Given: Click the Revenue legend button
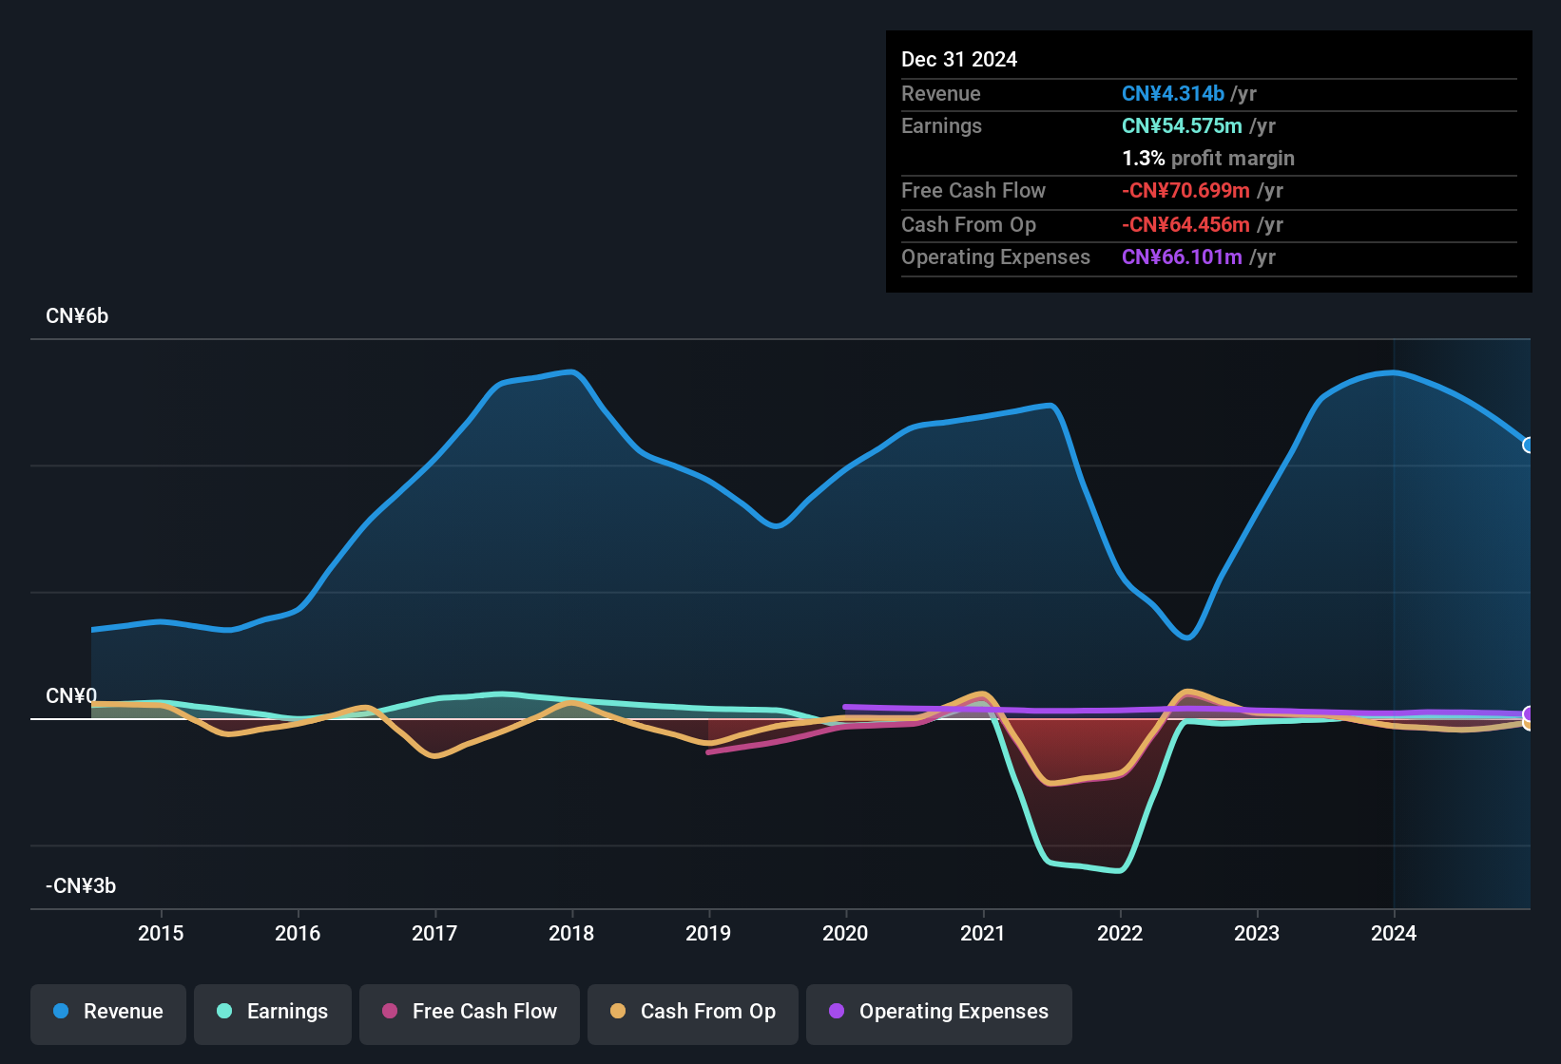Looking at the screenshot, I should (108, 1012).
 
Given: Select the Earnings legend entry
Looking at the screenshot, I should (273, 1012).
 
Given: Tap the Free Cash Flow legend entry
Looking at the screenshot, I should (470, 1012).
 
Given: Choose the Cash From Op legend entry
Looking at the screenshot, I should (693, 1012).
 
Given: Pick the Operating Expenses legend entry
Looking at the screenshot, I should (939, 1012).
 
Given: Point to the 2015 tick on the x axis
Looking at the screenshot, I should (161, 933).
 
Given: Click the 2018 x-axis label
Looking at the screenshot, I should (571, 933).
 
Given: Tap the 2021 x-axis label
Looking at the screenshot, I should (982, 933).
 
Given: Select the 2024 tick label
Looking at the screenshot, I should (1393, 933).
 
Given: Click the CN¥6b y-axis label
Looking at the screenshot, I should (77, 316).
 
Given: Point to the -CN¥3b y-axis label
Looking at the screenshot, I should (81, 886).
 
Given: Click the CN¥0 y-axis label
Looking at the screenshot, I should (71, 696).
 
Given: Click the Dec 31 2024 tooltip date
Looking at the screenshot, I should (958, 60).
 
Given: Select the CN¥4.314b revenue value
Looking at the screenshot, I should (1172, 94).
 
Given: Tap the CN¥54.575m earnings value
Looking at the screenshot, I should (1182, 126).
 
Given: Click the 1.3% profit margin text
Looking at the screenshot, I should (1207, 159).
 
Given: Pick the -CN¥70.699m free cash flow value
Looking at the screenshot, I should (1185, 191).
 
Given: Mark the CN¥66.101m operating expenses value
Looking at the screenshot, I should (1182, 257).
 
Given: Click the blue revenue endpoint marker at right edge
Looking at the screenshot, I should (1528, 445).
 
